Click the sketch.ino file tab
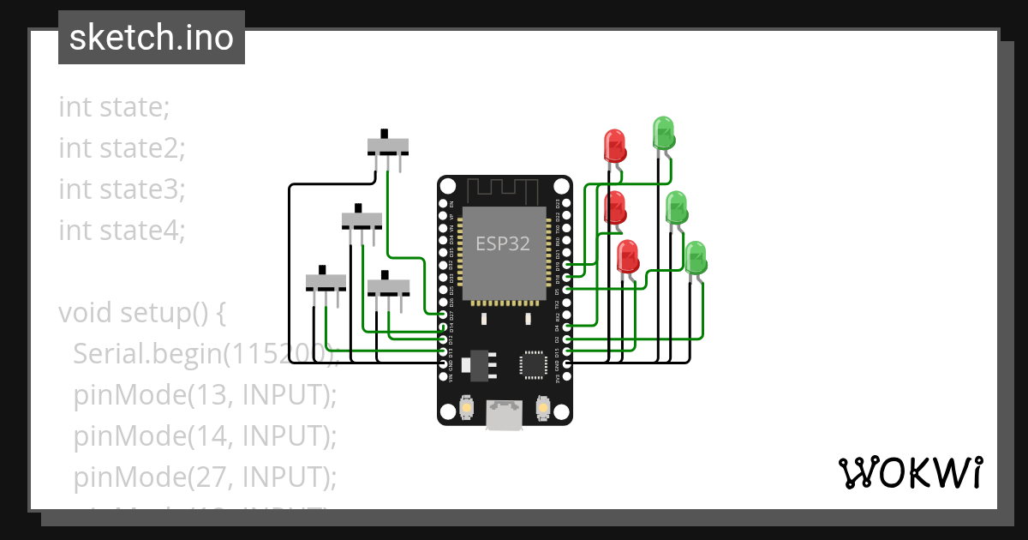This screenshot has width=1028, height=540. click(151, 38)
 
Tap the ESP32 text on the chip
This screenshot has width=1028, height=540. click(503, 243)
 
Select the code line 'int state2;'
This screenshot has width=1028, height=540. click(122, 148)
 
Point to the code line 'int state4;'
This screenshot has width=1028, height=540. click(122, 231)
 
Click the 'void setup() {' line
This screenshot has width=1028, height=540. click(141, 313)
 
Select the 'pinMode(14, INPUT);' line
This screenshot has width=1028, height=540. click(205, 436)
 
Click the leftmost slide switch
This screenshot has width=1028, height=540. click(326, 281)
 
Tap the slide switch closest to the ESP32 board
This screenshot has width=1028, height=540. click(388, 285)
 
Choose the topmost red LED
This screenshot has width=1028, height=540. click(615, 146)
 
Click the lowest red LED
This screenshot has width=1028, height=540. click(628, 256)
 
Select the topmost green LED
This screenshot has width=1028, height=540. click(663, 133)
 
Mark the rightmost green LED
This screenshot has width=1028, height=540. click(696, 258)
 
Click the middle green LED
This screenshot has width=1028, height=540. click(677, 207)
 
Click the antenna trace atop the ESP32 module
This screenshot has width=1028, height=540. click(503, 189)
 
